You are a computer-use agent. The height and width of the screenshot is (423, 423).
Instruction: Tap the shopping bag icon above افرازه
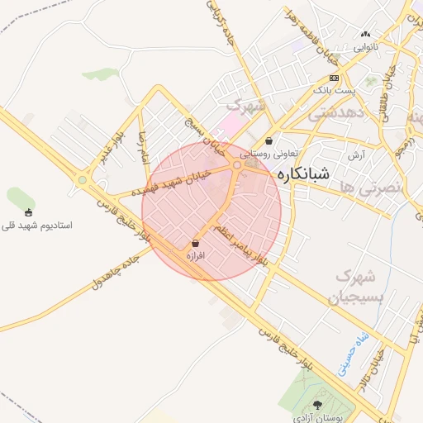click(195, 244)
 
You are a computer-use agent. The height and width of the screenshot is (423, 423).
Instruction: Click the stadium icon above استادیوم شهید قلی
click(30, 212)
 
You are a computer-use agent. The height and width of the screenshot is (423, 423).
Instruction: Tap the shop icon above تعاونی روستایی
click(269, 140)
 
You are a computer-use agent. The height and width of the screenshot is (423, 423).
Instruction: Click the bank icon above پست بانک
click(334, 78)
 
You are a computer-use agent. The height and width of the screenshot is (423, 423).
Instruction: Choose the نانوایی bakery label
click(366, 46)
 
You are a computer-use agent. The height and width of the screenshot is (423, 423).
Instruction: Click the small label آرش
click(356, 154)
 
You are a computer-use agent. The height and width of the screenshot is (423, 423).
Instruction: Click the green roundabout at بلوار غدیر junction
click(82, 179)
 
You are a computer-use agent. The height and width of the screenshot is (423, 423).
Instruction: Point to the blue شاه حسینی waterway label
click(352, 353)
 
